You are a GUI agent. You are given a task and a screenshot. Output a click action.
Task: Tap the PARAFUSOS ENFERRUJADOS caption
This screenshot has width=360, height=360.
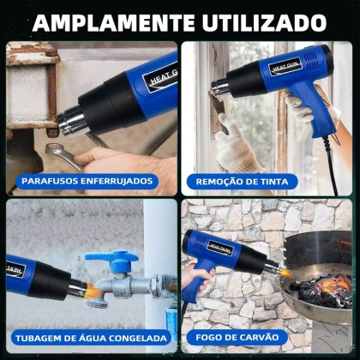[x=87, y=181]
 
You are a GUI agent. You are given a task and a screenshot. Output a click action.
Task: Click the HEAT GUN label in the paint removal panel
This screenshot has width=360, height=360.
[x=285, y=65]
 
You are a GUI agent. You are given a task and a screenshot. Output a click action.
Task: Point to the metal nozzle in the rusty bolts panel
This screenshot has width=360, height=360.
[x=71, y=123]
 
